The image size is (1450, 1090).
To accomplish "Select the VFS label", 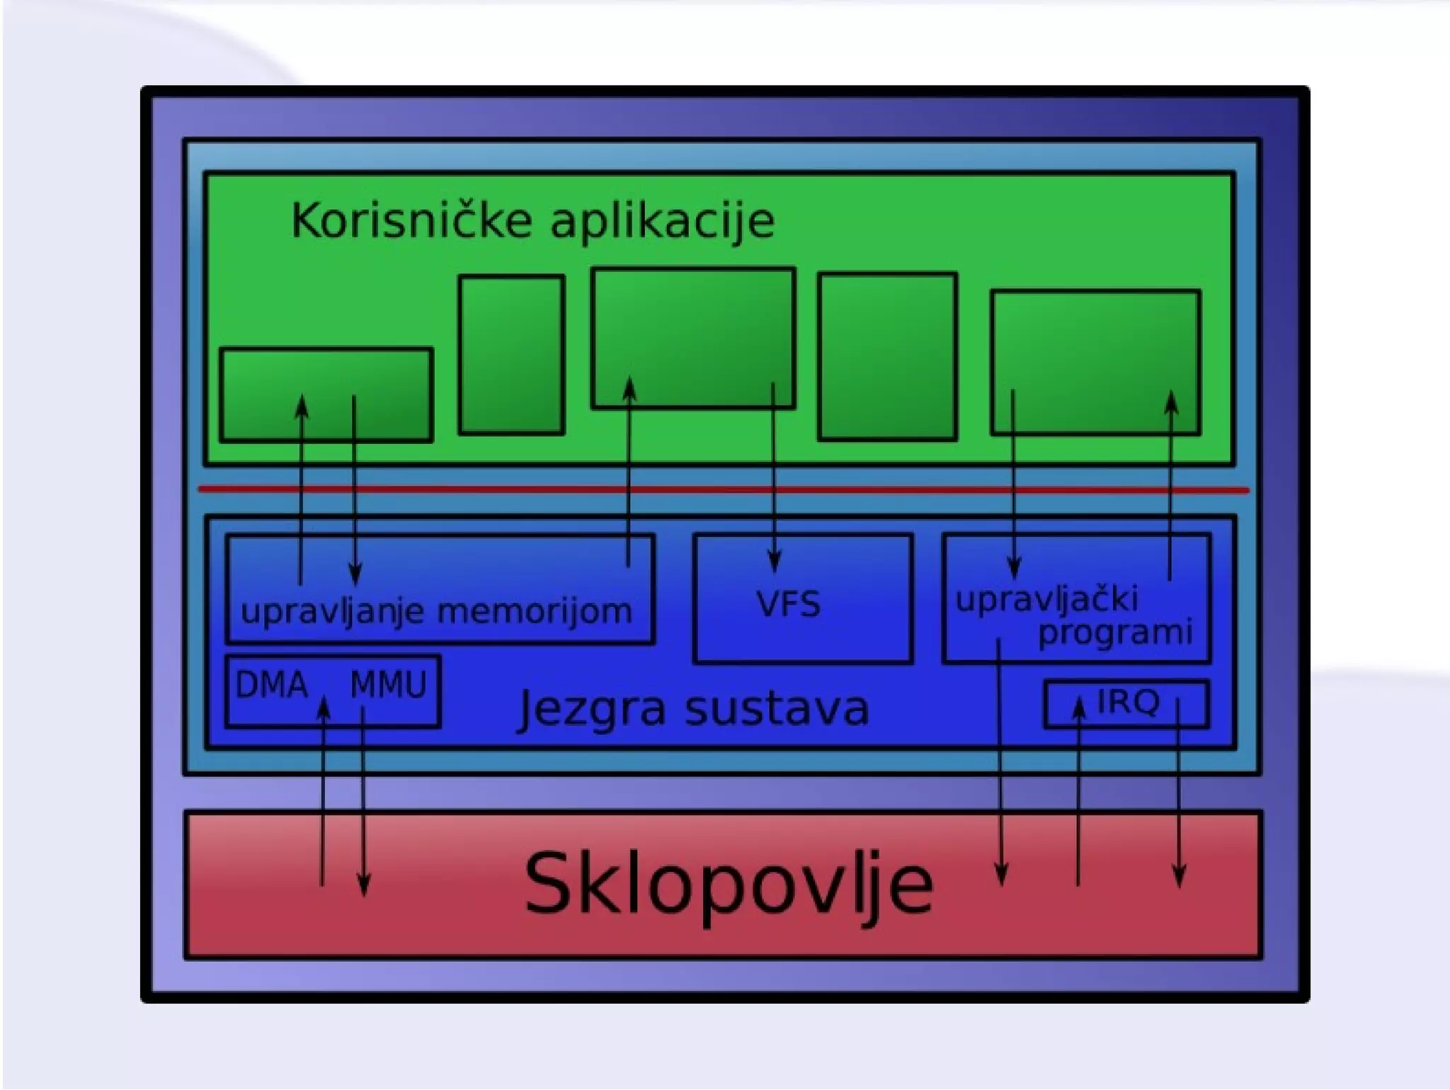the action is pyautogui.click(x=788, y=604).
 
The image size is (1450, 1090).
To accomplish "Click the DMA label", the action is pyautogui.click(x=271, y=685).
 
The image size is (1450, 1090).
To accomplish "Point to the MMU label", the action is pyautogui.click(x=389, y=685).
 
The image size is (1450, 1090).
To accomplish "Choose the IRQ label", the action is pyautogui.click(x=1128, y=702).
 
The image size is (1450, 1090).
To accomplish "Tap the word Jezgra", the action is pyautogui.click(x=593, y=709).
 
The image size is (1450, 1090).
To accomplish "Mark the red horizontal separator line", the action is pyautogui.click(x=722, y=489).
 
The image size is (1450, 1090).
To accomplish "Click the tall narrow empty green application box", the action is pyautogui.click(x=511, y=355).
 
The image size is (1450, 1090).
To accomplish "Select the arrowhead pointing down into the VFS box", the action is pyautogui.click(x=774, y=563).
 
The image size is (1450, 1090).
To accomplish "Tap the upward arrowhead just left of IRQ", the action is pyautogui.click(x=1078, y=707).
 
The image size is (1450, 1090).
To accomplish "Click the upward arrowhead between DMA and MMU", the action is pyautogui.click(x=323, y=707).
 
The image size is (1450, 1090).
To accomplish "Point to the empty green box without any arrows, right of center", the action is pyautogui.click(x=887, y=356).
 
